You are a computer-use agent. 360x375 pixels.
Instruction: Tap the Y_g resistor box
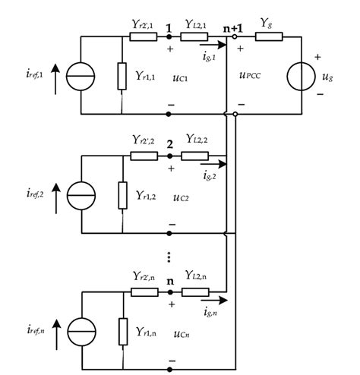pos(270,35)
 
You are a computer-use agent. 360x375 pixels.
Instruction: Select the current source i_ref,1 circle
pos(79,75)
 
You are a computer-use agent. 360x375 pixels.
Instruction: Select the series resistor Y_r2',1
pos(144,35)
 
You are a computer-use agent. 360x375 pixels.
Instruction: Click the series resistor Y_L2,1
pos(194,35)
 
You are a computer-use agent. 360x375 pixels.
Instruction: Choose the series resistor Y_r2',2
pos(144,156)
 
